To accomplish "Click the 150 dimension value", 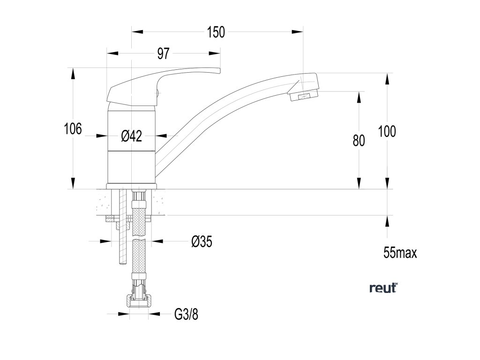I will pyautogui.click(x=216, y=32).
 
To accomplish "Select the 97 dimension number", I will pyautogui.click(x=163, y=54).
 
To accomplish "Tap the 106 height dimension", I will pyautogui.click(x=73, y=128).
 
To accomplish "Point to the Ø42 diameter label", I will pyautogui.click(x=131, y=136).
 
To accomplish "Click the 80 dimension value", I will pyautogui.click(x=359, y=140).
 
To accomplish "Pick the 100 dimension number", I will pyautogui.click(x=387, y=132).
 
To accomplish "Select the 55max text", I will pyautogui.click(x=400, y=253).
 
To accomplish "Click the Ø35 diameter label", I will pyautogui.click(x=202, y=242).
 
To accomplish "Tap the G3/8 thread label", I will pyautogui.click(x=186, y=315).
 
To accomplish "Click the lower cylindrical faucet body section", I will pyautogui.click(x=131, y=167).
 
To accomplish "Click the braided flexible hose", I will pyautogui.click(x=139, y=253).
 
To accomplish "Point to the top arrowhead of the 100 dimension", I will pyautogui.click(x=387, y=77).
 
